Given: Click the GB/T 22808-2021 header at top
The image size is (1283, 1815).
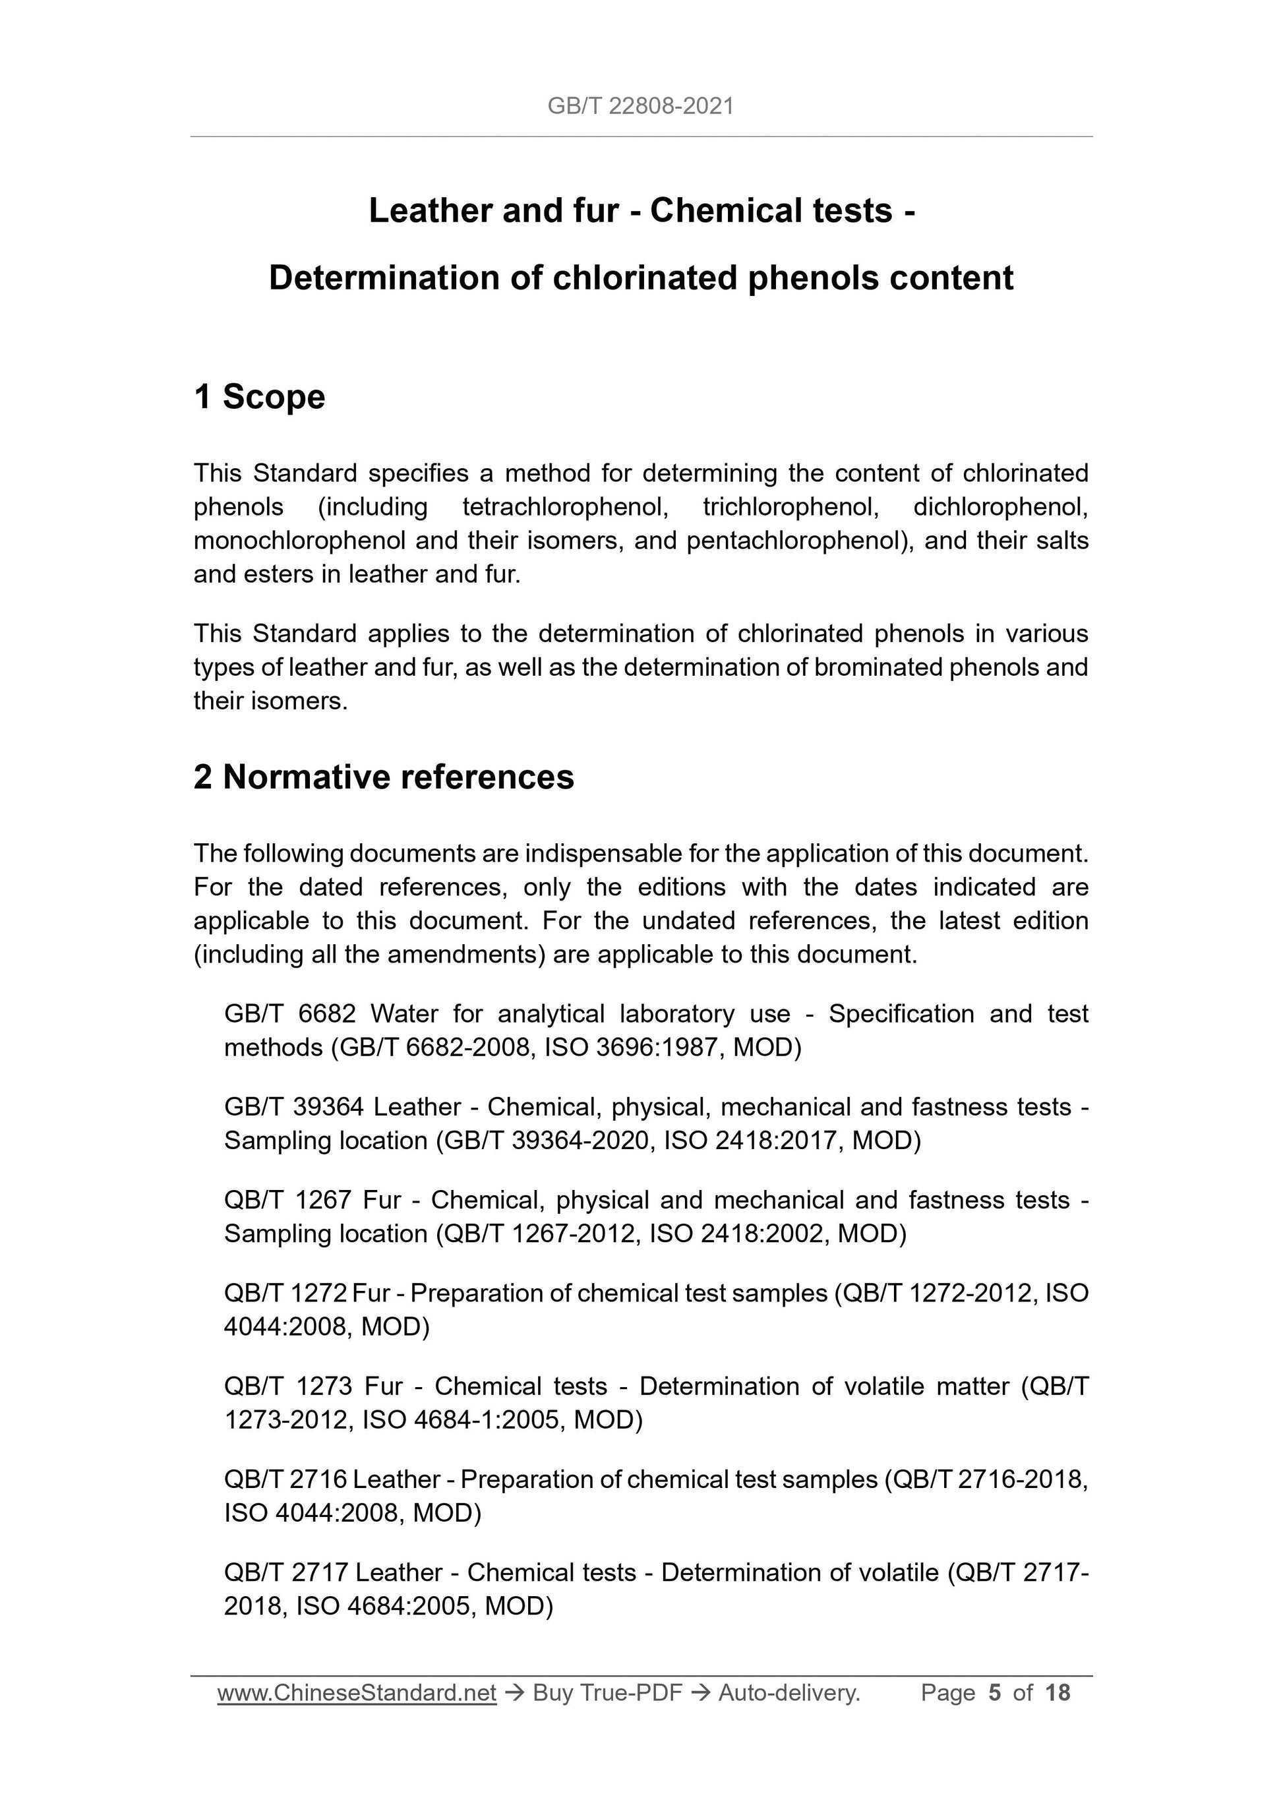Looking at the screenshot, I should (640, 106).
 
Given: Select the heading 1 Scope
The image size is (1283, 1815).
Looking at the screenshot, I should (259, 397).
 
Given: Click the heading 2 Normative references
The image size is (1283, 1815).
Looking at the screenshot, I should (384, 777).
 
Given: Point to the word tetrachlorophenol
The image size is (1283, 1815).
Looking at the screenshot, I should (565, 507).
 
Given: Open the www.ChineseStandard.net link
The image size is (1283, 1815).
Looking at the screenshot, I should (357, 1692).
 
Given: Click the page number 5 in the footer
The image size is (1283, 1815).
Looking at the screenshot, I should (994, 1692).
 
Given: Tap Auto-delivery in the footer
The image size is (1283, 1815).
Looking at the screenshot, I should (788, 1692).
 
